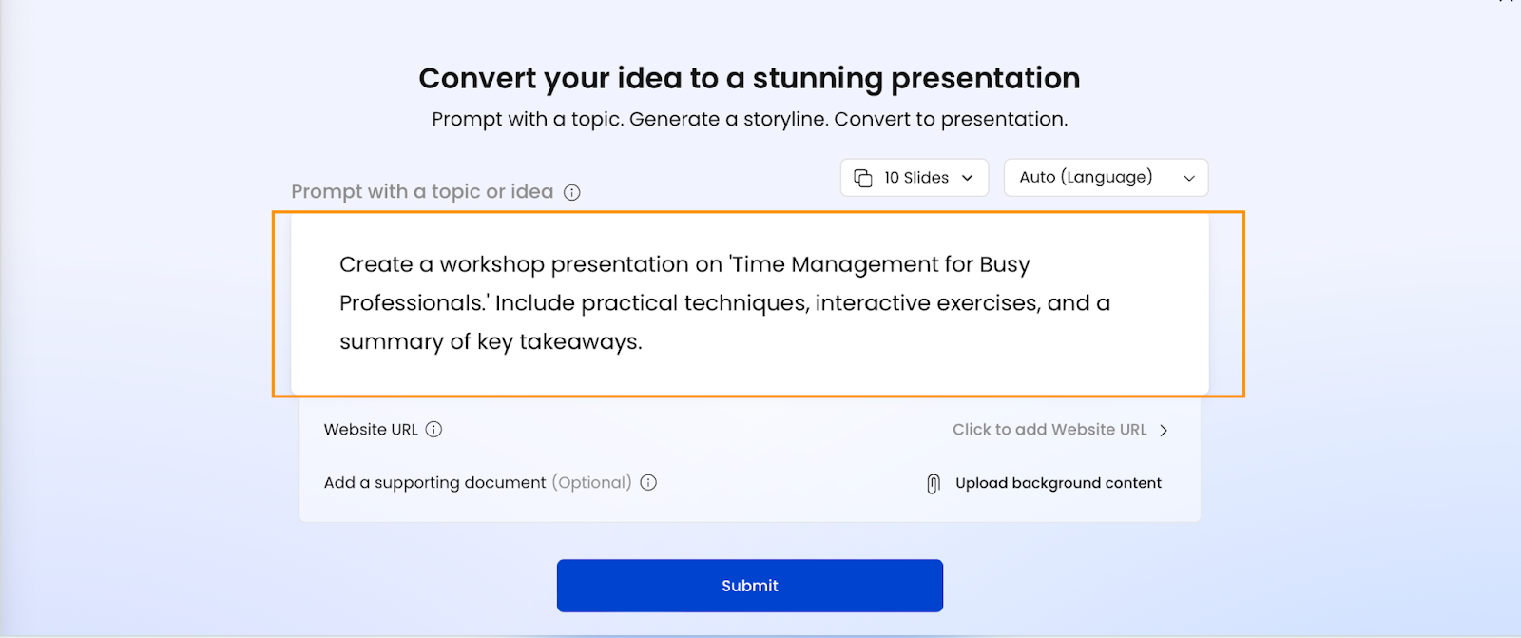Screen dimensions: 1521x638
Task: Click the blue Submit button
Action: tap(750, 586)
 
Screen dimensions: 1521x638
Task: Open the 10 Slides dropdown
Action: tap(914, 178)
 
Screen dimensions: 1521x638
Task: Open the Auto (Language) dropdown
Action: tap(1107, 178)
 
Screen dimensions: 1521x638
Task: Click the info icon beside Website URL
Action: tap(433, 430)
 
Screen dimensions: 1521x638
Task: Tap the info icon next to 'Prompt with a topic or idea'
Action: tap(571, 192)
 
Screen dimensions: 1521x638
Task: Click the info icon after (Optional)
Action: tap(648, 482)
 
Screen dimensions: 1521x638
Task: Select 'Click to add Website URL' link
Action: tap(1049, 430)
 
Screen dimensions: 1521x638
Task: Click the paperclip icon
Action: tap(934, 483)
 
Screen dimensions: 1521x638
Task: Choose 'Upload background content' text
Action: tap(1058, 483)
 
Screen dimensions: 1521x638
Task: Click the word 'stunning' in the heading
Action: tap(818, 78)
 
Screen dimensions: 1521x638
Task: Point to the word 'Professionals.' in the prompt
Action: tap(414, 303)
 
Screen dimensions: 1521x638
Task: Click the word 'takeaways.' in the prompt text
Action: tap(581, 341)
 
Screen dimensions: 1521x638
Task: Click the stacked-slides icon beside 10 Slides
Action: tap(863, 178)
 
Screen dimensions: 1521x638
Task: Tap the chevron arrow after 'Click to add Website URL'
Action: tap(1164, 430)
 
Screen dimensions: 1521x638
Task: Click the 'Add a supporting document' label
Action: tap(434, 482)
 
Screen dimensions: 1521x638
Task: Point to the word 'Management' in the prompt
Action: tap(864, 264)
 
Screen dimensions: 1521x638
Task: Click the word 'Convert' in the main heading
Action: tap(477, 78)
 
